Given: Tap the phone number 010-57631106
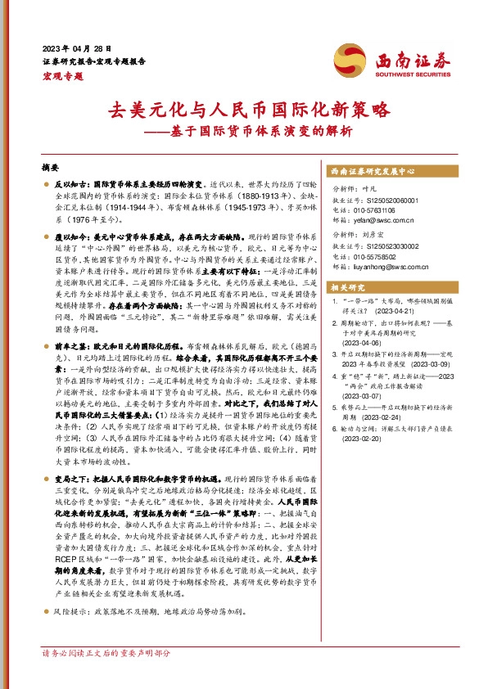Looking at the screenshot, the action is pos(376,209).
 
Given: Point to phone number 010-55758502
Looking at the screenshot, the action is pos(376,254).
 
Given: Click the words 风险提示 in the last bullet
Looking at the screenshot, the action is pos(70,633).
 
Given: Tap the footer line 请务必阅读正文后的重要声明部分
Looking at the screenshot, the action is pos(106,676).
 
